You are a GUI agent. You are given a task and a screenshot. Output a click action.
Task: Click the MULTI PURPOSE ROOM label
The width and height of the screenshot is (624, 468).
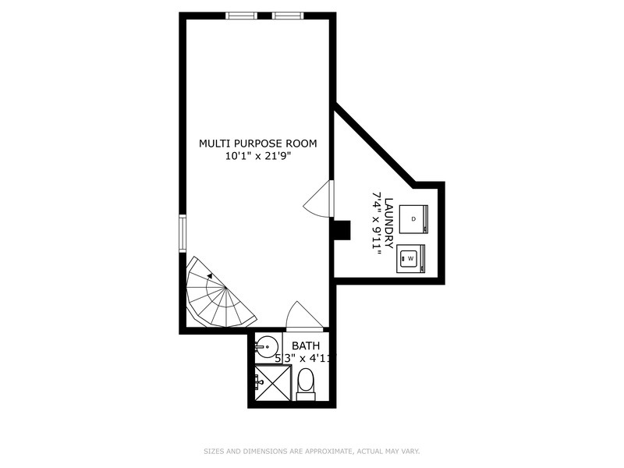click(x=257, y=143)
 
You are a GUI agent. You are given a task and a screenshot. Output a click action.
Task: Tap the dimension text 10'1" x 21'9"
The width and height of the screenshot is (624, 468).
click(x=257, y=156)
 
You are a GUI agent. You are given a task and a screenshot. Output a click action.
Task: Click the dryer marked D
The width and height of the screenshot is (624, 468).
click(x=413, y=218)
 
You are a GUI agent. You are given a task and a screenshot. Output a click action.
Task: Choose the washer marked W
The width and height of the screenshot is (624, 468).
click(x=411, y=258)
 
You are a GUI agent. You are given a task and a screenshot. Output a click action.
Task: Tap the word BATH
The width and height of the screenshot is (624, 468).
click(x=305, y=346)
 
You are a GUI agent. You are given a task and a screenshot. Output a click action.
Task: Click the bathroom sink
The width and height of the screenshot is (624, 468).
click(x=268, y=346)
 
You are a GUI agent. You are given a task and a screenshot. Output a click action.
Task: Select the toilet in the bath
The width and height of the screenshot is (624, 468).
click(x=306, y=383)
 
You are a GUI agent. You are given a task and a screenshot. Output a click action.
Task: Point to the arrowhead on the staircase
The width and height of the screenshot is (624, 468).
click(x=210, y=275)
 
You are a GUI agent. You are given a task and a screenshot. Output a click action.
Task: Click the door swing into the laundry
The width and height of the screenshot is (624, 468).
click(x=318, y=200)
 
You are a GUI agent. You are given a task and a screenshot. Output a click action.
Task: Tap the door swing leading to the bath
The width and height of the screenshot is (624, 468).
click(x=303, y=316)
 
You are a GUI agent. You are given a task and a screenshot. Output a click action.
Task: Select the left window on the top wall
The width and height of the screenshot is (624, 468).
click(x=241, y=16)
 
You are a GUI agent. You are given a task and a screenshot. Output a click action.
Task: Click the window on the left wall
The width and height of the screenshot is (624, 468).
click(x=183, y=233)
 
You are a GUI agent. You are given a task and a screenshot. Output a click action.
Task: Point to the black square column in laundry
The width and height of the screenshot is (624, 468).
click(x=342, y=231)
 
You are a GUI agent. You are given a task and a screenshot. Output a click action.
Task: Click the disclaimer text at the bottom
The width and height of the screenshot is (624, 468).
click(x=312, y=451)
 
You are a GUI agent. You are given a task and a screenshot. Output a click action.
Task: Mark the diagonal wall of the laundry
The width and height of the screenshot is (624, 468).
click(x=374, y=144)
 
